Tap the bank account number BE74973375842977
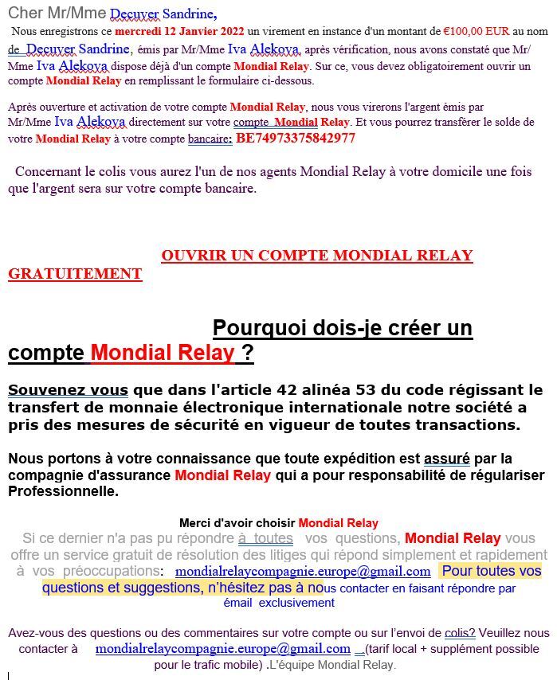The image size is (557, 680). pos(296,138)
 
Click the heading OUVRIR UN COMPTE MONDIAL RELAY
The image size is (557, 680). pos(316,256)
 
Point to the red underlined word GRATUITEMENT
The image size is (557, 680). pos(75,274)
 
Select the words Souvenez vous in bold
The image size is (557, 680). pos(68,390)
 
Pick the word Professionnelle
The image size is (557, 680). pos(63,491)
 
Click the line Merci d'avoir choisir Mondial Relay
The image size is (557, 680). pos(278,523)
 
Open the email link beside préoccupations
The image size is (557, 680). pos(303,572)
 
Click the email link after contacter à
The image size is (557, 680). pos(222,649)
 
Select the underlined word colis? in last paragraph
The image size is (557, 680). pos(461,633)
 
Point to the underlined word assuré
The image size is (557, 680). pos(446,459)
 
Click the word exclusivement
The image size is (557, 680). pos(296,603)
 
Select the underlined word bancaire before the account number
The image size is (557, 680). pos(208,139)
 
